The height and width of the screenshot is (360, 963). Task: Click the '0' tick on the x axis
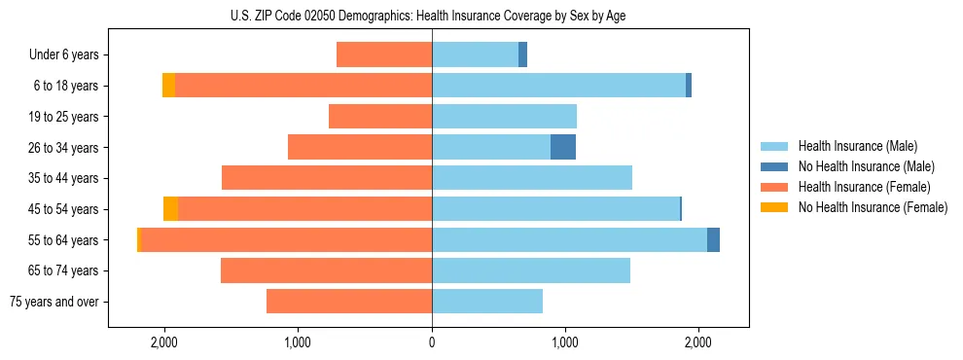(x=432, y=342)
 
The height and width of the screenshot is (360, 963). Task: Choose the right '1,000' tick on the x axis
(x=565, y=342)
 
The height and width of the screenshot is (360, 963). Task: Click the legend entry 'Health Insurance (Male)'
(x=857, y=146)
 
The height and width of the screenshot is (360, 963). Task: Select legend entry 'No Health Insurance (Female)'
(x=873, y=207)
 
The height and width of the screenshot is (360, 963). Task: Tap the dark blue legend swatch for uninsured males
(x=775, y=166)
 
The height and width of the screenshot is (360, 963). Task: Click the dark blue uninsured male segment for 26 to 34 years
(x=563, y=147)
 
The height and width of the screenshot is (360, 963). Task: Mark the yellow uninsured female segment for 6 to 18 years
(x=168, y=86)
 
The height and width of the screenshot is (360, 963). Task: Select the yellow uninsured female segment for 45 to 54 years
(x=170, y=209)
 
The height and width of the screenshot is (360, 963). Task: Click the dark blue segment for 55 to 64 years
(x=713, y=239)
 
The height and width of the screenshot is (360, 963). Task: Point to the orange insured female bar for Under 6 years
(x=384, y=54)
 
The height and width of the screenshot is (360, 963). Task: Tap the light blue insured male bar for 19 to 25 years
(x=504, y=117)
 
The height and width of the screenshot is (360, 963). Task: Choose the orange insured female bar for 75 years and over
(x=349, y=302)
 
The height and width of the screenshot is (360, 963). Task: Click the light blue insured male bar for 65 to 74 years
(x=531, y=270)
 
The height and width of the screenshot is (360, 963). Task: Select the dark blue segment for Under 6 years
(x=522, y=54)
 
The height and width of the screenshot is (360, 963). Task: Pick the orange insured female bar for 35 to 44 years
(x=327, y=178)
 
